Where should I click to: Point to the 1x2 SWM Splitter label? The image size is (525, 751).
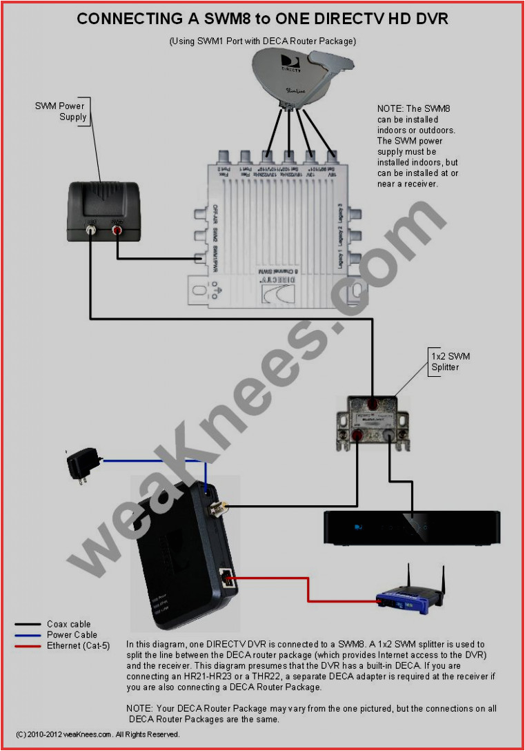click(x=450, y=362)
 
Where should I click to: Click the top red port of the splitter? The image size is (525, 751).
click(x=372, y=403)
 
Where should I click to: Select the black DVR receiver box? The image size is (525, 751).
click(x=412, y=527)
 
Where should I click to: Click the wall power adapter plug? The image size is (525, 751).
click(x=80, y=465)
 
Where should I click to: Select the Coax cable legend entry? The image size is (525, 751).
click(x=68, y=625)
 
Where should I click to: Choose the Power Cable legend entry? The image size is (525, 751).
click(x=72, y=635)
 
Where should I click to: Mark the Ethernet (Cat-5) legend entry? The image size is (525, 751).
click(x=78, y=645)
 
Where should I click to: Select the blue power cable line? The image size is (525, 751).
click(x=152, y=460)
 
